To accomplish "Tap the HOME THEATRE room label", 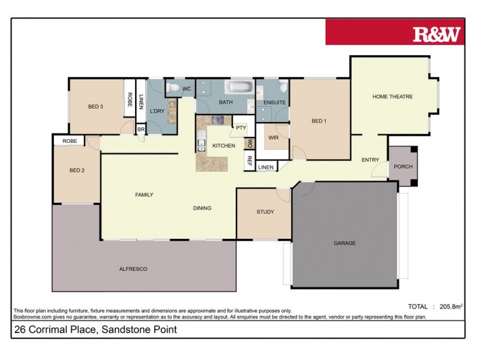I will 392,97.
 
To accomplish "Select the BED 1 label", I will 319,121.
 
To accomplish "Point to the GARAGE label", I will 344,243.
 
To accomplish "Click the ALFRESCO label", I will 133,269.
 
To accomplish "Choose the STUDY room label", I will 265,212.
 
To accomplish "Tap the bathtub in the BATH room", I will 239,88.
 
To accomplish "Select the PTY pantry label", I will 241,128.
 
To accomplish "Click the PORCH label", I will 403,166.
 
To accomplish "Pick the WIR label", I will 274,138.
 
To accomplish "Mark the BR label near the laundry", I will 141,129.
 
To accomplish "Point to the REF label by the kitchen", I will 249,160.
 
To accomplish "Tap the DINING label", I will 202,208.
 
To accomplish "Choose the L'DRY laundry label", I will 157,111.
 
